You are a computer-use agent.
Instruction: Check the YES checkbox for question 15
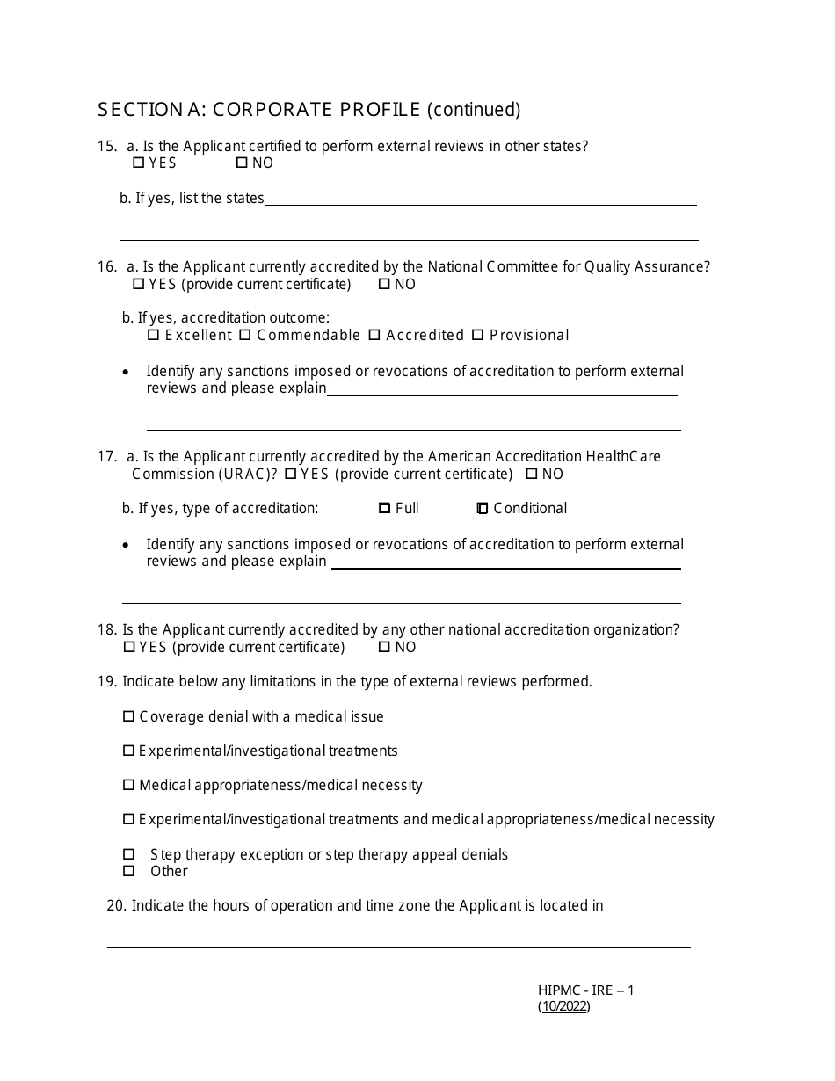click(138, 163)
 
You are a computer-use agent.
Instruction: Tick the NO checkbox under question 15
click(242, 163)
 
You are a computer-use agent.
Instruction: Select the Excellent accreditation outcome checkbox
click(154, 335)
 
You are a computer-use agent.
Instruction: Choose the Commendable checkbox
click(245, 335)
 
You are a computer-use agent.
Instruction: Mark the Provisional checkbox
click(478, 335)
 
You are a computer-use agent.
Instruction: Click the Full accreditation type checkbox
click(384, 508)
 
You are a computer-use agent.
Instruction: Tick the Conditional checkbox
click(483, 508)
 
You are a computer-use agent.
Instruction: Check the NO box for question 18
click(384, 647)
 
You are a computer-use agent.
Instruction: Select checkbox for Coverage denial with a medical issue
click(129, 716)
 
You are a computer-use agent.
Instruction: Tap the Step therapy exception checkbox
click(129, 854)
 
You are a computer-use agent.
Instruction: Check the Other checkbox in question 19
click(129, 871)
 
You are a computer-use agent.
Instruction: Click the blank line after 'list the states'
click(480, 200)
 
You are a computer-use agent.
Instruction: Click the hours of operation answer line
click(398, 942)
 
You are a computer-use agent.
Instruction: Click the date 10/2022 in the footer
click(564, 1007)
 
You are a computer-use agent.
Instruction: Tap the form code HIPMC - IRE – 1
click(585, 990)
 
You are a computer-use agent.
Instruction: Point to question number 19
click(107, 681)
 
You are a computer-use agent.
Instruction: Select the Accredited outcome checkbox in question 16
click(374, 335)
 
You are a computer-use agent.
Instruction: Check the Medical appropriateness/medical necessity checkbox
click(129, 785)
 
